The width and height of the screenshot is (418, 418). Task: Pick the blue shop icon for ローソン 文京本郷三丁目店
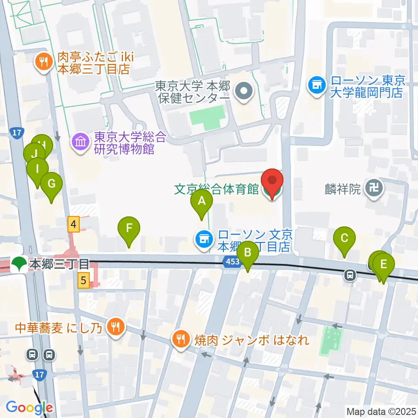point(203,238)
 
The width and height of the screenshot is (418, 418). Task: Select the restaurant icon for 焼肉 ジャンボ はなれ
point(181,339)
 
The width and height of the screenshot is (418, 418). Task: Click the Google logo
point(29,408)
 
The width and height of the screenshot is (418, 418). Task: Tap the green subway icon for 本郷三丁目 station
point(19,263)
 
